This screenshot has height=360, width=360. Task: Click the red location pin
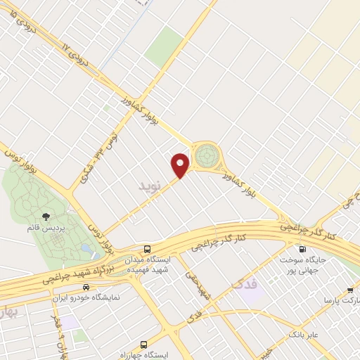coord(181,165)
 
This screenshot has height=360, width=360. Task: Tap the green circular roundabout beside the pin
coord(207,155)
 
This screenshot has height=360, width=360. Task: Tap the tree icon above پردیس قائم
coord(46,217)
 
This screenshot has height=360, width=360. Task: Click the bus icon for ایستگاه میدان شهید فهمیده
coord(147,249)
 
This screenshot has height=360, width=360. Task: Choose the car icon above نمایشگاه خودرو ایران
coord(86,287)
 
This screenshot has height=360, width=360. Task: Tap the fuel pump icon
coord(302,249)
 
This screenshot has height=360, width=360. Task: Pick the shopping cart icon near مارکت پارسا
coord(351,289)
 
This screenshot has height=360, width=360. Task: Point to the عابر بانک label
coord(302,334)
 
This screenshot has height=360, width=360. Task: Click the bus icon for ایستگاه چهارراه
coord(144,345)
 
